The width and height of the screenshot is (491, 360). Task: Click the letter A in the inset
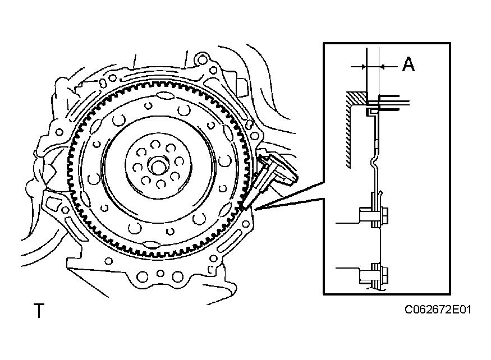click(x=409, y=64)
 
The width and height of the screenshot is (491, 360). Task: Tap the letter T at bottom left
click(x=39, y=311)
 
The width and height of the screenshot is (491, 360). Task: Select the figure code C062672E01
click(x=438, y=310)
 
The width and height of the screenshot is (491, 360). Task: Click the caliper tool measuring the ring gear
click(x=269, y=176)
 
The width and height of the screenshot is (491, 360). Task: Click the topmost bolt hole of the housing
click(x=203, y=59)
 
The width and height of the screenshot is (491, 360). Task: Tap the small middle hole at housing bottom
click(x=160, y=273)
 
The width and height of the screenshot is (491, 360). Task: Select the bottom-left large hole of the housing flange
click(x=143, y=277)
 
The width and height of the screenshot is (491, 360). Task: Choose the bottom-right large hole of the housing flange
click(x=177, y=277)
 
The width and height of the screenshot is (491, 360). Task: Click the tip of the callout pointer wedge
click(x=255, y=209)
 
